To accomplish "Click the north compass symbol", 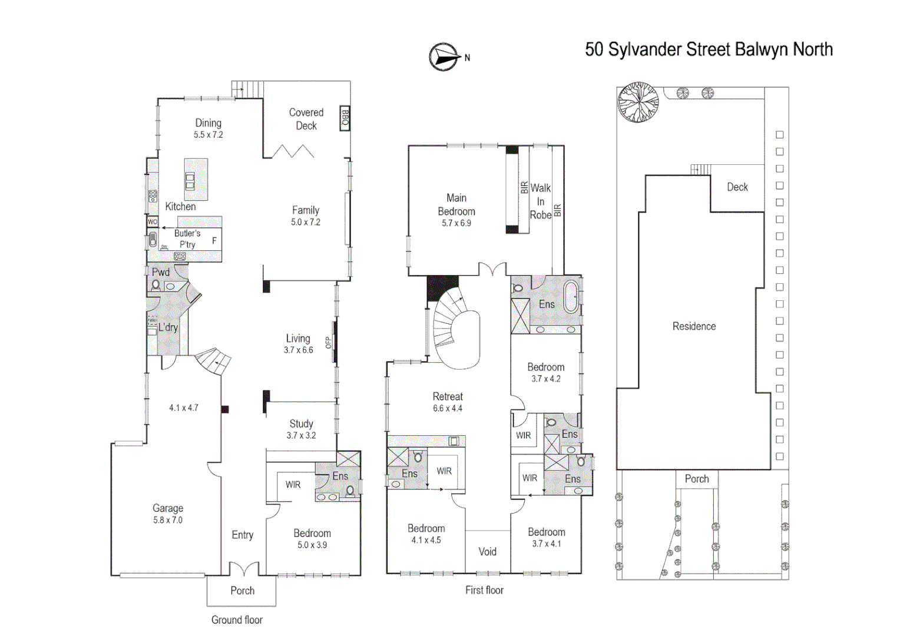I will coord(444,57).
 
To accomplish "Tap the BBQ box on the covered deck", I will coord(345,118).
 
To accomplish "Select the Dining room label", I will coord(209,123).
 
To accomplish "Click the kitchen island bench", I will coord(196,179).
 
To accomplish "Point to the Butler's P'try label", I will coord(187,239).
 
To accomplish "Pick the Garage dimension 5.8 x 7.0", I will coord(168,521).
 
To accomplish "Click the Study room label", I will coord(301,424).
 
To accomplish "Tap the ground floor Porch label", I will coord(242,591).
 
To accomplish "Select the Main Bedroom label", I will coord(456,205).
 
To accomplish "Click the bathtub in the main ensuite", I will coord(571,298).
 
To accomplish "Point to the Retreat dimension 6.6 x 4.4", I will coord(448,409).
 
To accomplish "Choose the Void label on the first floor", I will coord(487,552).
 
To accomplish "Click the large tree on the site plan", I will coord(638,102).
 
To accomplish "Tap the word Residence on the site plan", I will coord(694,326).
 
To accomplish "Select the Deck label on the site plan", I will coord(737,187).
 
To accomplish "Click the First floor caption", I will coord(484,590).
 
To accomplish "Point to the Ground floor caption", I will coord(237,620).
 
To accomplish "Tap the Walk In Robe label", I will coord(540,201).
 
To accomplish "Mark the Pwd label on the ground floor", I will coord(161,272).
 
